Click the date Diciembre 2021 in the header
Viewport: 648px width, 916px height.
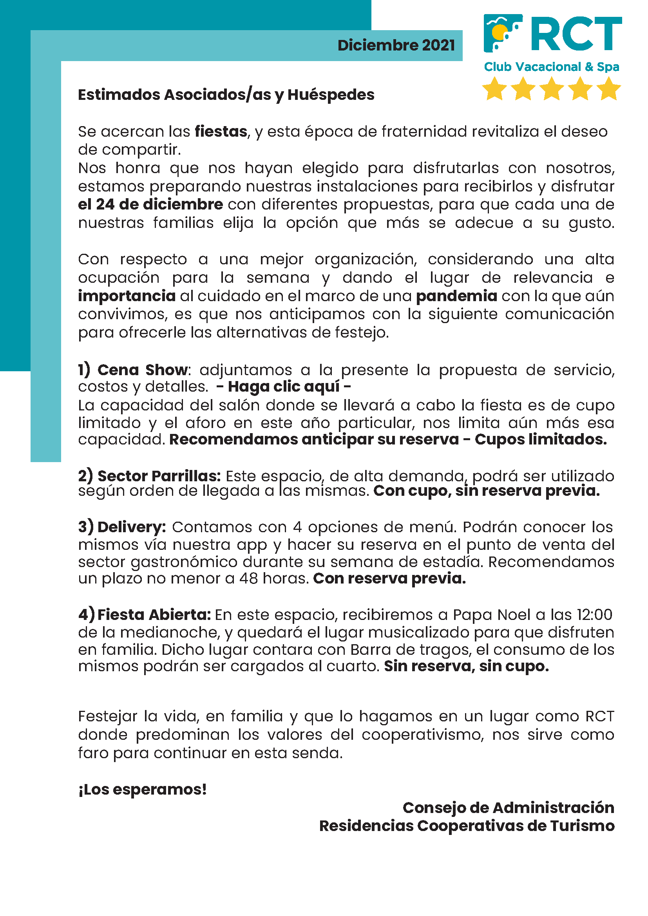396,45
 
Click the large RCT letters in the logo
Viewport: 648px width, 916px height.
576,34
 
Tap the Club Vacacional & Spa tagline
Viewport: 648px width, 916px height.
552,67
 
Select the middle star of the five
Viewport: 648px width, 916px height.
552,89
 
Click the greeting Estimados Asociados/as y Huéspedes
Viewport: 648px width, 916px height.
226,95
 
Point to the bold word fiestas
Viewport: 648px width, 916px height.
221,132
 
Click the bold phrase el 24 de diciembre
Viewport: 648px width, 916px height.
150,205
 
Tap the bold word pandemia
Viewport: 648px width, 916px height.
456,296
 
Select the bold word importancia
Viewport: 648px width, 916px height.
127,296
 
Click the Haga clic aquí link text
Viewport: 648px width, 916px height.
283,387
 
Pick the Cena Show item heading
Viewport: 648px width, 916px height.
142,370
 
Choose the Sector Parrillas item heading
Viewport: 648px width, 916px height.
158,476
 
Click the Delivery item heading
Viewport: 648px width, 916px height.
131,527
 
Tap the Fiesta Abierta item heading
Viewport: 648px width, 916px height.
153,615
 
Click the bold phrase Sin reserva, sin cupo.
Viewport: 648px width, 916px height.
466,666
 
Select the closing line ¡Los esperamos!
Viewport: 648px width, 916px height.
143,790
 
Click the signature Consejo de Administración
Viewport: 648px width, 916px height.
508,808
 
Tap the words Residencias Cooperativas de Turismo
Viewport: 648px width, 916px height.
467,826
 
